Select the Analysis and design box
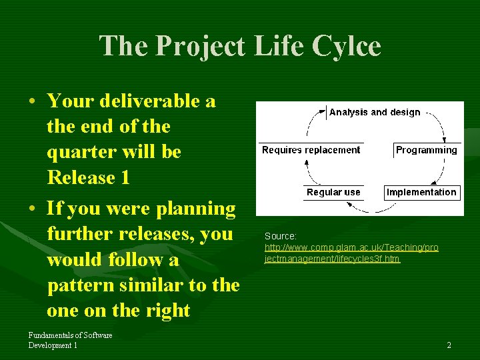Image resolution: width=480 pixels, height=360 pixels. click(375, 112)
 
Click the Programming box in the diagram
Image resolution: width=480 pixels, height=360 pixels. click(426, 150)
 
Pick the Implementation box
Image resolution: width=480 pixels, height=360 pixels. click(421, 192)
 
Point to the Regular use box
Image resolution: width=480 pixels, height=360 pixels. click(333, 192)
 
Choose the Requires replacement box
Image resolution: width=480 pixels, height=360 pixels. click(311, 150)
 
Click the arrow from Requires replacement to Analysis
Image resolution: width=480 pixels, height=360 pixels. click(311, 123)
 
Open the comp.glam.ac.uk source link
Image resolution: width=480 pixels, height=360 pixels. click(351, 253)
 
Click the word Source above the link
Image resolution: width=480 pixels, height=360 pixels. click(280, 236)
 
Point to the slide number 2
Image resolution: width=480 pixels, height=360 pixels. click(449, 345)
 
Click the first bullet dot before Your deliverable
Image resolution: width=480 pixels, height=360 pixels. click(33, 102)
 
